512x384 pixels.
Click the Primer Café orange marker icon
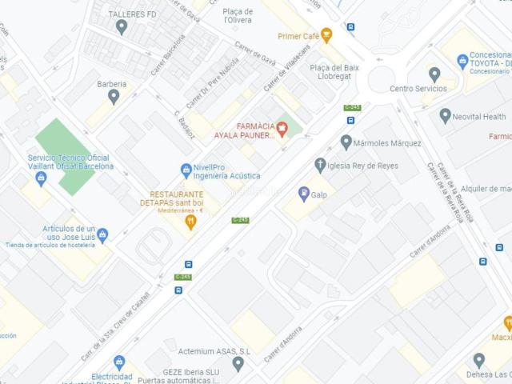point(326,35)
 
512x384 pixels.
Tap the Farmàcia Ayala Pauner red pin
point(282,129)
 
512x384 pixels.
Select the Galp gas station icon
point(304,193)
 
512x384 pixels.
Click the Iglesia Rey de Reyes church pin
point(320,166)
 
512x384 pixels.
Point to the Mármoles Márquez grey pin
point(346,142)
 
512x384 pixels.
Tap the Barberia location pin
point(114,97)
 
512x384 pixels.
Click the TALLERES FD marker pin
point(122,27)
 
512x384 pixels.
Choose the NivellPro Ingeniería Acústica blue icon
point(186,170)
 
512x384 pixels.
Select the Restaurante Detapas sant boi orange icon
point(190,222)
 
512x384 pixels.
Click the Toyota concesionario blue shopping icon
point(462,61)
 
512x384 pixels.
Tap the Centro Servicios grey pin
point(434,74)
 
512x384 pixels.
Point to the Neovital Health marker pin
point(446,116)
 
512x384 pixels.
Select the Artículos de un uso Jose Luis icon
point(102,235)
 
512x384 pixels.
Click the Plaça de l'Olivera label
point(238,16)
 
